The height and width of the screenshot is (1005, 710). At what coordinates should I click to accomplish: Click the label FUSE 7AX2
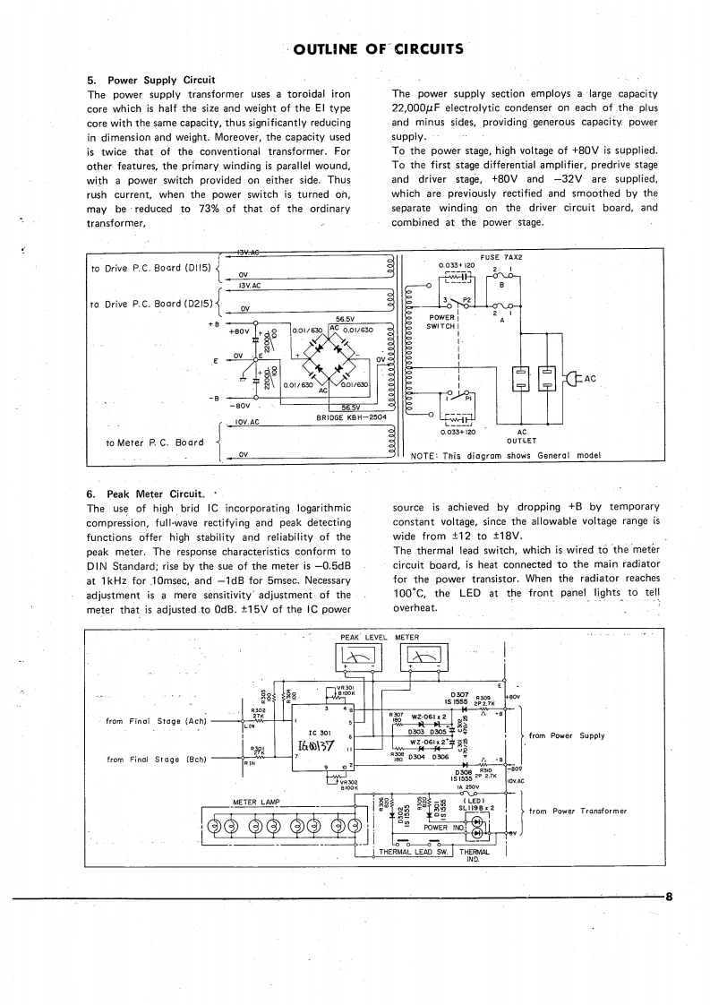click(x=501, y=257)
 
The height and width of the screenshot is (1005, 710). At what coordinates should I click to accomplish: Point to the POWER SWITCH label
click(x=443, y=321)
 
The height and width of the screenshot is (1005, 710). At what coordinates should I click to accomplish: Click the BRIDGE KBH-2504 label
click(x=351, y=417)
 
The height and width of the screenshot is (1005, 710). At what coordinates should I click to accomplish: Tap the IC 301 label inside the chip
click(x=321, y=729)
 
